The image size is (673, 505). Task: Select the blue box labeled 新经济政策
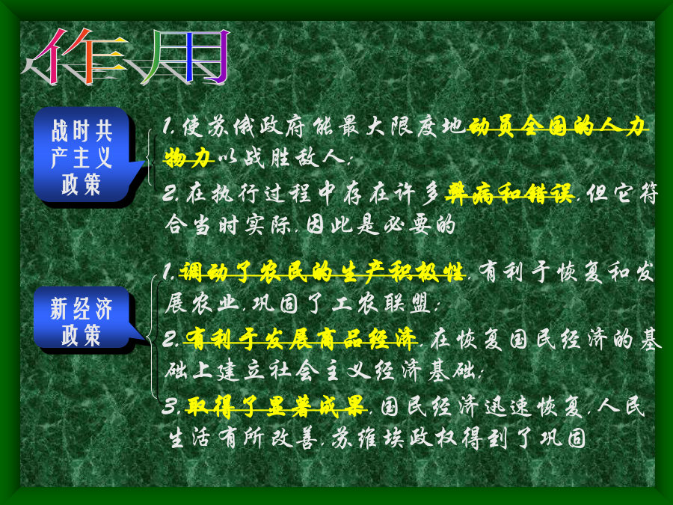[x=84, y=319]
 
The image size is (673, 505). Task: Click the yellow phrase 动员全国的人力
[x=557, y=127]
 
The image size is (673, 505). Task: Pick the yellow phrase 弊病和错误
[x=509, y=193]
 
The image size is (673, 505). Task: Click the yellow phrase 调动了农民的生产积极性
[x=322, y=272]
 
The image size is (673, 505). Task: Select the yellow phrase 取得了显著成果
[x=275, y=405]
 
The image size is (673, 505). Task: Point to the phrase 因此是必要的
[x=381, y=224]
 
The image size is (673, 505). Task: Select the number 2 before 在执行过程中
[x=170, y=194]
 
